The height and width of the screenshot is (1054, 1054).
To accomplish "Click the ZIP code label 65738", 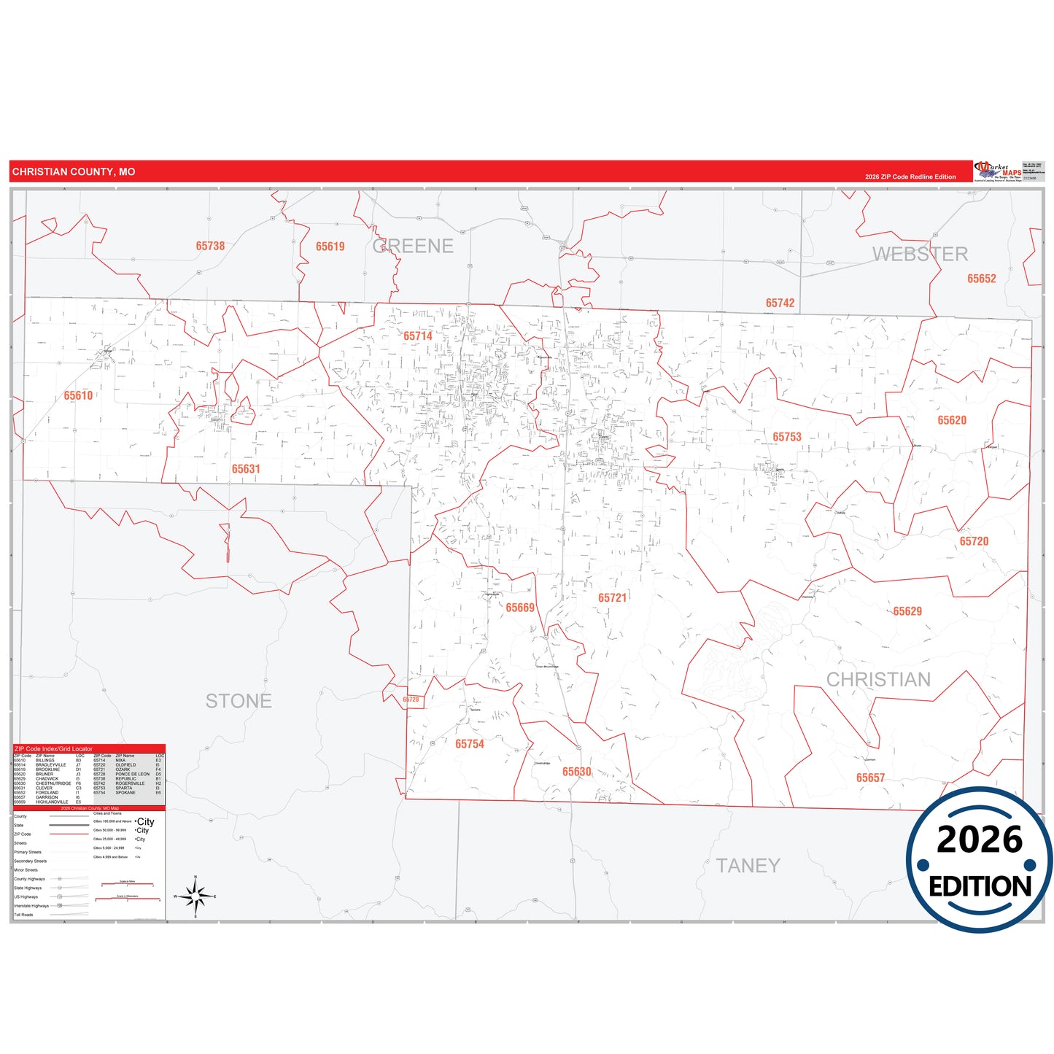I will tap(210, 246).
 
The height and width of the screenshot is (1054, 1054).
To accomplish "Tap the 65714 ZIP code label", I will tap(418, 336).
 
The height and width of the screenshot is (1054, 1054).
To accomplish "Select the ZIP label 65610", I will tap(78, 395).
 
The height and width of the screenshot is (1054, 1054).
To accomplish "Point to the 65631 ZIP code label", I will tap(246, 469).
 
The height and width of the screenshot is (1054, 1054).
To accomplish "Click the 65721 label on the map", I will tap(612, 598).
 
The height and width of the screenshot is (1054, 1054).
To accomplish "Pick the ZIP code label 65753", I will tap(787, 437).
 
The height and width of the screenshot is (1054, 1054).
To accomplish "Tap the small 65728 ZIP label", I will tap(411, 700).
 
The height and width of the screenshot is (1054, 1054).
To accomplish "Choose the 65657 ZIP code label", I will tap(870, 778).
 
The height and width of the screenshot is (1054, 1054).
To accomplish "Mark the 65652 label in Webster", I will tap(981, 279).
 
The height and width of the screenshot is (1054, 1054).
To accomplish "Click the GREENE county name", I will tap(413, 247).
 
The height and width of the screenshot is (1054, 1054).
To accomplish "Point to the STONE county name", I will tap(239, 701).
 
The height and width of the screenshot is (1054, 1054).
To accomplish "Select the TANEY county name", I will tap(748, 866).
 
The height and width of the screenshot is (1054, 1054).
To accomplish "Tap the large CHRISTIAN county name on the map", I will tap(878, 680).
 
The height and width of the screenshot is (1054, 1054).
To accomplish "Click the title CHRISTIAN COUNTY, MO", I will tap(74, 172).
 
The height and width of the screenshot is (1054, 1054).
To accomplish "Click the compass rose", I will tap(195, 896).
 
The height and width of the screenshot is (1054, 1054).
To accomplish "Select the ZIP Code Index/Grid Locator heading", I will tap(53, 749).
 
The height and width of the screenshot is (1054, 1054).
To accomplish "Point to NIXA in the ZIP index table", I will tap(120, 760).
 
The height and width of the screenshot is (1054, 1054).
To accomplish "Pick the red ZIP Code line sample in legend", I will tap(69, 834).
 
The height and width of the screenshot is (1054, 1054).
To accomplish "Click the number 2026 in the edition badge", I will tap(980, 840).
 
